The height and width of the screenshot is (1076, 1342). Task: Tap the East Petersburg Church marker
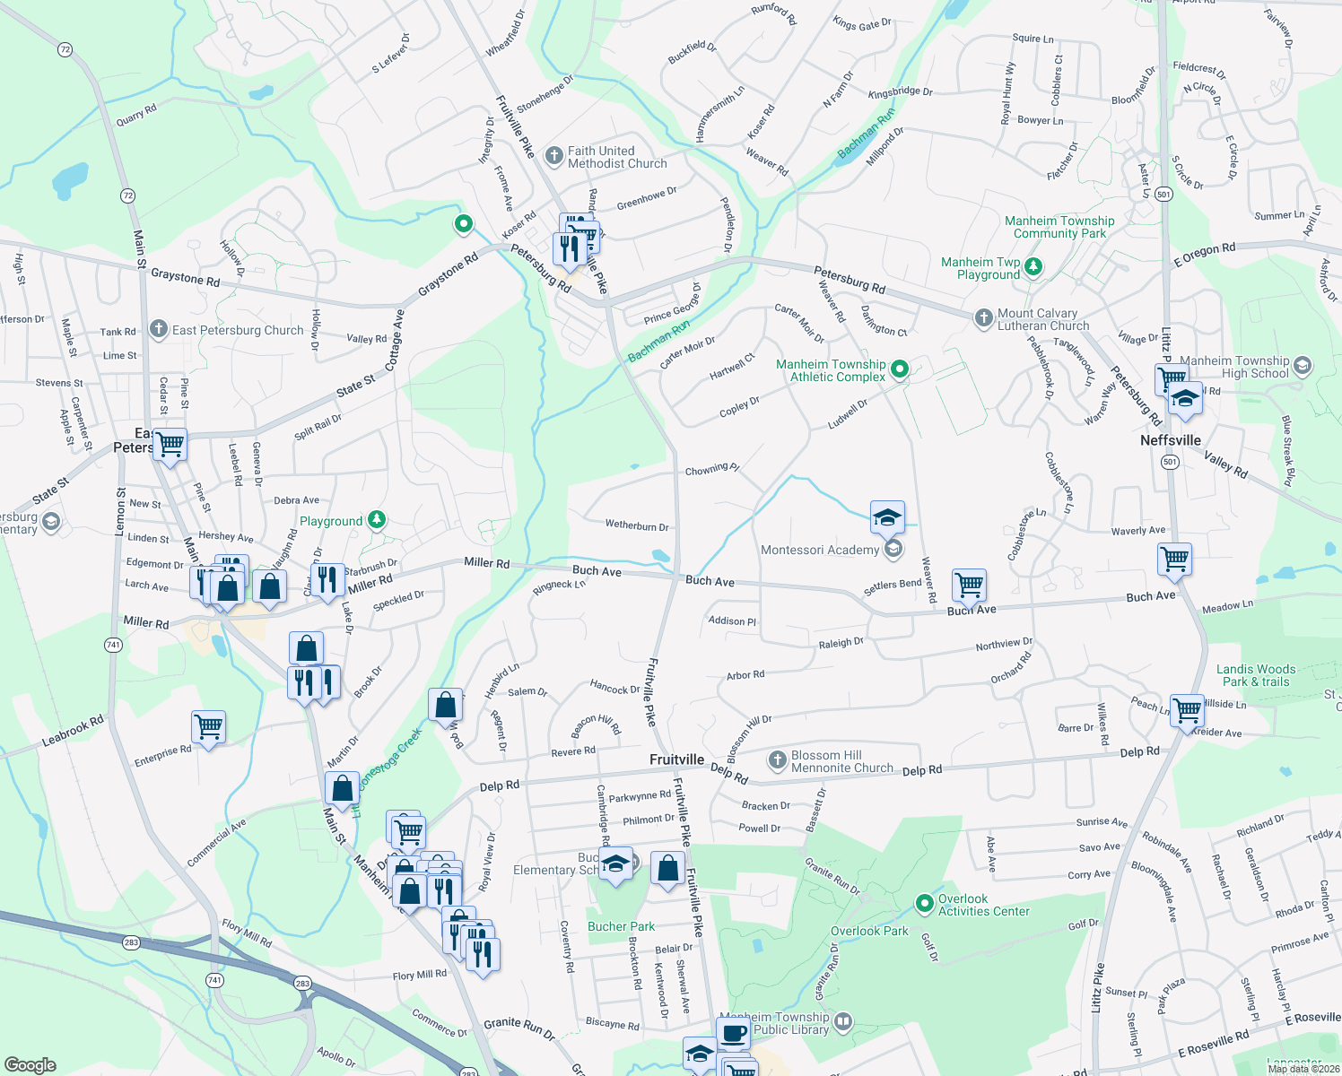(159, 330)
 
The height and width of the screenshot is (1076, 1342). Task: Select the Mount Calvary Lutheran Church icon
(984, 318)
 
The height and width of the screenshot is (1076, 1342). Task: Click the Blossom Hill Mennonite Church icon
(777, 761)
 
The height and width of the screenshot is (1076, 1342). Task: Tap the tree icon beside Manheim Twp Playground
(1033, 266)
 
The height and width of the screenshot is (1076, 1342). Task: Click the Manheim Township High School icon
(1303, 366)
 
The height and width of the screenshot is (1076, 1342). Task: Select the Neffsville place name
(1170, 440)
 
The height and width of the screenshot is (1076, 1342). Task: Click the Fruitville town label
(676, 759)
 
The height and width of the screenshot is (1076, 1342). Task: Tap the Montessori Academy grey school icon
(893, 549)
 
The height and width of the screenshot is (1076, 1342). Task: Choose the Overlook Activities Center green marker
(924, 903)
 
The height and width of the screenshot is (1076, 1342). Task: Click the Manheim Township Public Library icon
(842, 1021)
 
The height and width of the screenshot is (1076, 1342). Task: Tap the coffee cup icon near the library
(733, 1033)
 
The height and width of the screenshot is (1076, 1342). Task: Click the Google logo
(30, 1065)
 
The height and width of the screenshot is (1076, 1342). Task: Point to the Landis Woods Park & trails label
(1255, 675)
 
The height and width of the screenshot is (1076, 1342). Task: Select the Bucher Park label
(621, 926)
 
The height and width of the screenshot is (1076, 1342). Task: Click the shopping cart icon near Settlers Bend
(969, 586)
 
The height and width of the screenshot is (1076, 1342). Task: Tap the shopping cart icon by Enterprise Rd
(208, 727)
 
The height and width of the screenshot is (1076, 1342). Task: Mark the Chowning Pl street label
(711, 469)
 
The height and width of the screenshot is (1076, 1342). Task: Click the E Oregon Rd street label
(1204, 255)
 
